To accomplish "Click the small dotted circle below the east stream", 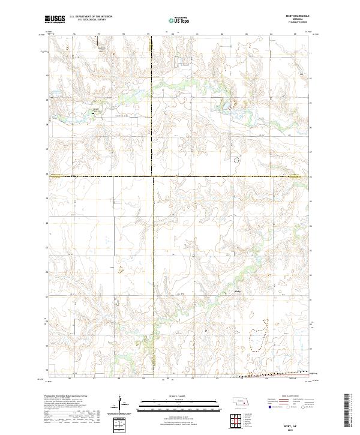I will (x=236, y=160).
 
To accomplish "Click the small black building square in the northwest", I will (x=94, y=111).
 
